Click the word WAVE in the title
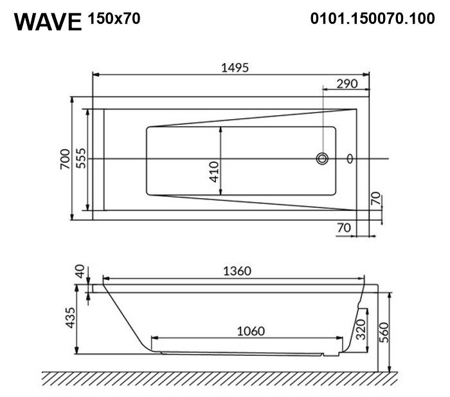[x=48, y=22]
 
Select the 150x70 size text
[x=114, y=19]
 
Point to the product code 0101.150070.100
[x=372, y=19]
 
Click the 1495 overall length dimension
[x=235, y=68]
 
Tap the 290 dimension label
[x=347, y=84]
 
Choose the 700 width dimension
[x=65, y=159]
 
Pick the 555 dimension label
[x=81, y=158]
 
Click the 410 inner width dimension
[x=214, y=172]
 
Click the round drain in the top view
[x=322, y=158]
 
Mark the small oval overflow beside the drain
[x=350, y=158]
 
